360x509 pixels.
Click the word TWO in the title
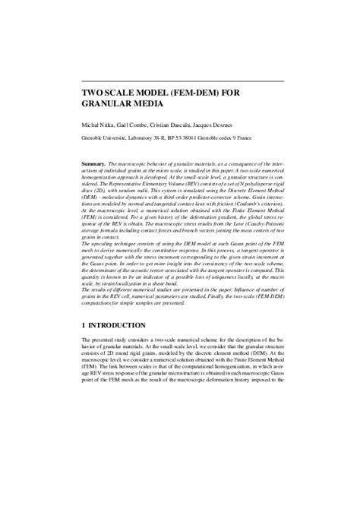point(94,93)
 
